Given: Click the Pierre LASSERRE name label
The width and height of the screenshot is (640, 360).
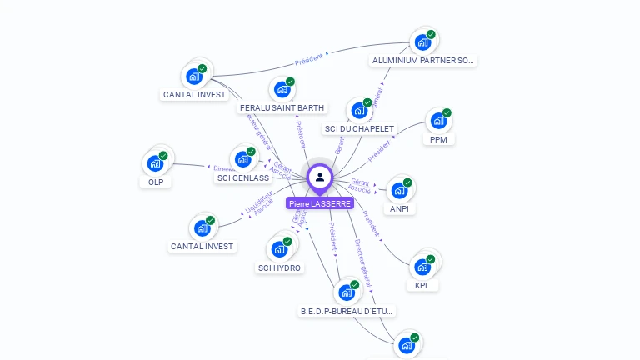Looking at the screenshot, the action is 320,203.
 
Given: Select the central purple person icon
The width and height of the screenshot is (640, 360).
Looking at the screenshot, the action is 320,177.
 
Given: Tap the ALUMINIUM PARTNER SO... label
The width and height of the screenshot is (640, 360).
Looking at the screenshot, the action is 423,61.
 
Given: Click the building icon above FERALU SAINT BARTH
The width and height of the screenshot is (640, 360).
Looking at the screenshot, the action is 282,89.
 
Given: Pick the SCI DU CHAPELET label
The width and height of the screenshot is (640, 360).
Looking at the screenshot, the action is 359,129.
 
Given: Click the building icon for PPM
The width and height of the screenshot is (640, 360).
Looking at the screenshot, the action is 437,120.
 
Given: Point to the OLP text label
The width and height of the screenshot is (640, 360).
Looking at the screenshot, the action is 156,182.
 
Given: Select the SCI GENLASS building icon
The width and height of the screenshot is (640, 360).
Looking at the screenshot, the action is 243,158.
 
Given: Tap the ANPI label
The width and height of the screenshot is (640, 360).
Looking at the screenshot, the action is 400,209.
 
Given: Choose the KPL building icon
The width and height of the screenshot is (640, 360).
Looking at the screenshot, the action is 422,267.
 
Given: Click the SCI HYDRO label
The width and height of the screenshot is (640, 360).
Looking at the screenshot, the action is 280,267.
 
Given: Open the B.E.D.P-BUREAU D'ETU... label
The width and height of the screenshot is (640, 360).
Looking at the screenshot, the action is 348,311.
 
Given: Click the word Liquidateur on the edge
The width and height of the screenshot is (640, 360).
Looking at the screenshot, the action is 260,199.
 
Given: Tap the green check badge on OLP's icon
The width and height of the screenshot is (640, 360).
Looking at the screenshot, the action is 163,156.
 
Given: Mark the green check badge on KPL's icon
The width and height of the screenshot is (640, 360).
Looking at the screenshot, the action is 431,259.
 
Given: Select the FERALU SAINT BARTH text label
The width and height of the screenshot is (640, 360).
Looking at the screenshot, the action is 282,108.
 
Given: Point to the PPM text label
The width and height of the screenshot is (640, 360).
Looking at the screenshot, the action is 438,139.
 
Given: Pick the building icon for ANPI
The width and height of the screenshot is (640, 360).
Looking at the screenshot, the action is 399,190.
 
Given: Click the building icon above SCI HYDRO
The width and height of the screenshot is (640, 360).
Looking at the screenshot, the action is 279,248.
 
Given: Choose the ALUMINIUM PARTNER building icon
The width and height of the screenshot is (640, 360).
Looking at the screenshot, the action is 422,42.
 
